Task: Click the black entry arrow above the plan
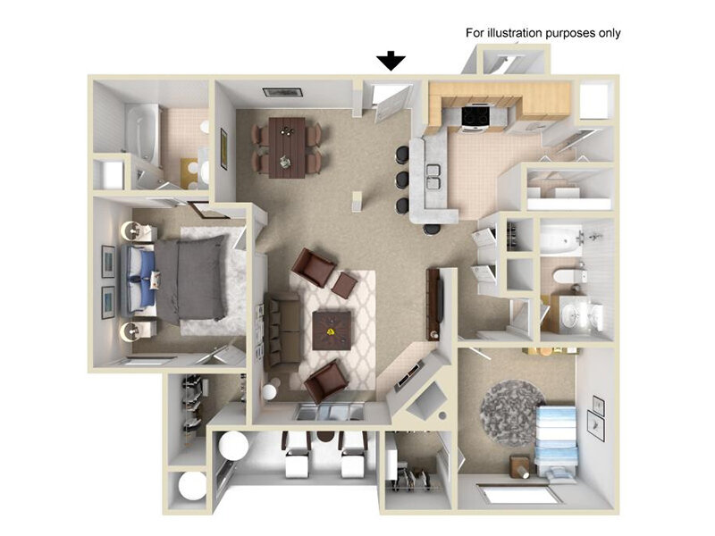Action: pyautogui.click(x=391, y=61)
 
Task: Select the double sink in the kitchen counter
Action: pyautogui.click(x=433, y=176)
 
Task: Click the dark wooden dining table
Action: pyautogui.click(x=287, y=147)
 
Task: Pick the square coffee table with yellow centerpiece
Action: pyautogui.click(x=332, y=331)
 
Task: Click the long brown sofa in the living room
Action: pyautogui.click(x=282, y=331)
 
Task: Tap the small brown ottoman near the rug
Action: pyautogui.click(x=344, y=285)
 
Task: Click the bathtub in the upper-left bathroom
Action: pyautogui.click(x=142, y=131)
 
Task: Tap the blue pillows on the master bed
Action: pyautogui.click(x=147, y=279)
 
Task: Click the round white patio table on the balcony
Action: pyautogui.click(x=234, y=445)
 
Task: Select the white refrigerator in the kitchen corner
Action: pyautogui.click(x=594, y=101)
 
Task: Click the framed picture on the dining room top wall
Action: pyautogui.click(x=282, y=92)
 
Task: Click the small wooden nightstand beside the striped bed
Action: pyautogui.click(x=520, y=466)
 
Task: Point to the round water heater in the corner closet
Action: pyautogui.click(x=192, y=486)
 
